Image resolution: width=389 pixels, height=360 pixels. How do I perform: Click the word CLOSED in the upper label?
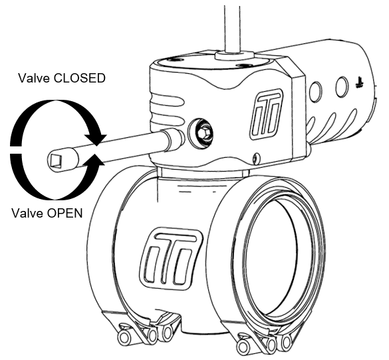[x=79, y=78]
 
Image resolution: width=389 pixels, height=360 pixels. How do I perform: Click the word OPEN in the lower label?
[x=65, y=213]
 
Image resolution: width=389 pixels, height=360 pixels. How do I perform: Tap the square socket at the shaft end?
[x=56, y=160]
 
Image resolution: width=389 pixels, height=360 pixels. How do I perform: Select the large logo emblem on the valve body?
[x=170, y=258]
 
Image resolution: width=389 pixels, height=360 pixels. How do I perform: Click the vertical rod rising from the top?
[x=232, y=28]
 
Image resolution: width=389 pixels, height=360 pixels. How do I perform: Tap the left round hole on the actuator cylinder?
[x=316, y=91]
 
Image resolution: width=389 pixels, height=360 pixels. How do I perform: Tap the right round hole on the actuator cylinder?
[x=342, y=87]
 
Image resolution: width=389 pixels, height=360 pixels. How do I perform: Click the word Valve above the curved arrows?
[x=34, y=78]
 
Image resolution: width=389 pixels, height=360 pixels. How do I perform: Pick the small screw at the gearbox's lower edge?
[x=257, y=159]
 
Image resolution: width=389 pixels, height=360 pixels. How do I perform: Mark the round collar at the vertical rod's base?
[x=234, y=55]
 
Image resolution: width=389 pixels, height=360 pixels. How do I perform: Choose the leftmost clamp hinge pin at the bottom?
[x=124, y=337]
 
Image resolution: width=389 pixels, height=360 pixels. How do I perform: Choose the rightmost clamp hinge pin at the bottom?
[x=286, y=342]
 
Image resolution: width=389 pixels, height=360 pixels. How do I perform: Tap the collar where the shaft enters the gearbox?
[x=174, y=140]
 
